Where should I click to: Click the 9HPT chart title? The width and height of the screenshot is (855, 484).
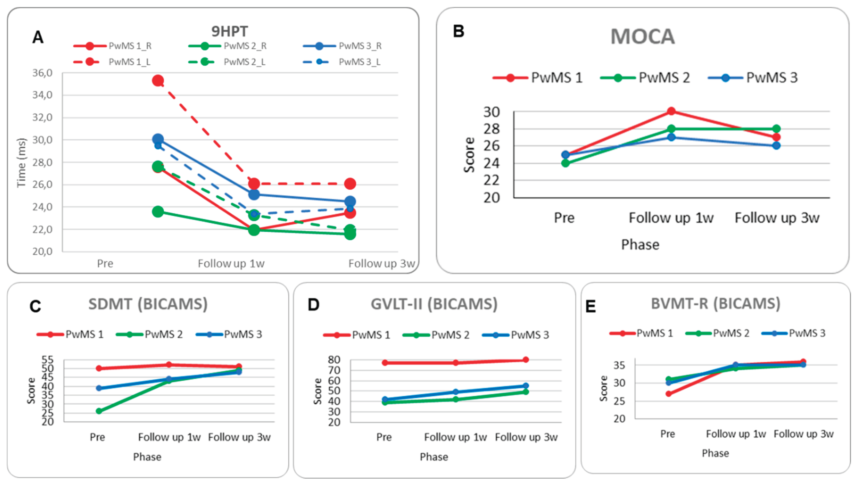point(230,32)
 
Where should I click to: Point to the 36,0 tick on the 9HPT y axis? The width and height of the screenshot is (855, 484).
point(42,73)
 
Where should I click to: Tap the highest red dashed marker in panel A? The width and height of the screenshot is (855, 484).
point(158,81)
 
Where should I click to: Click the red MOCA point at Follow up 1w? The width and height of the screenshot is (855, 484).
point(671,111)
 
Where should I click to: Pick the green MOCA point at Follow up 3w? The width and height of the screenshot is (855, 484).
point(776,129)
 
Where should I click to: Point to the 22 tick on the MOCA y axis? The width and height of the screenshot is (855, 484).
point(491,180)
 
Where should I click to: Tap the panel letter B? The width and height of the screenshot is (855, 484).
point(458,31)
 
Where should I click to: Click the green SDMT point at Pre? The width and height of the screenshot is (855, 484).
point(99,411)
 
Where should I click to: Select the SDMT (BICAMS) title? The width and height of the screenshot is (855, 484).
point(148,304)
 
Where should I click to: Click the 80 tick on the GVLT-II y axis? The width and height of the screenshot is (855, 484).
point(334,360)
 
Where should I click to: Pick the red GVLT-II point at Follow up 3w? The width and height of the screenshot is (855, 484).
point(526,360)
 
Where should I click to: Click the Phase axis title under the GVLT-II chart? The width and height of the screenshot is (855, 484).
point(433,457)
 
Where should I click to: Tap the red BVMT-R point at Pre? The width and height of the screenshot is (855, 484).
point(668,394)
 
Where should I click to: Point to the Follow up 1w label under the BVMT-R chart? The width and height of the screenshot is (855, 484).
point(736,434)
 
